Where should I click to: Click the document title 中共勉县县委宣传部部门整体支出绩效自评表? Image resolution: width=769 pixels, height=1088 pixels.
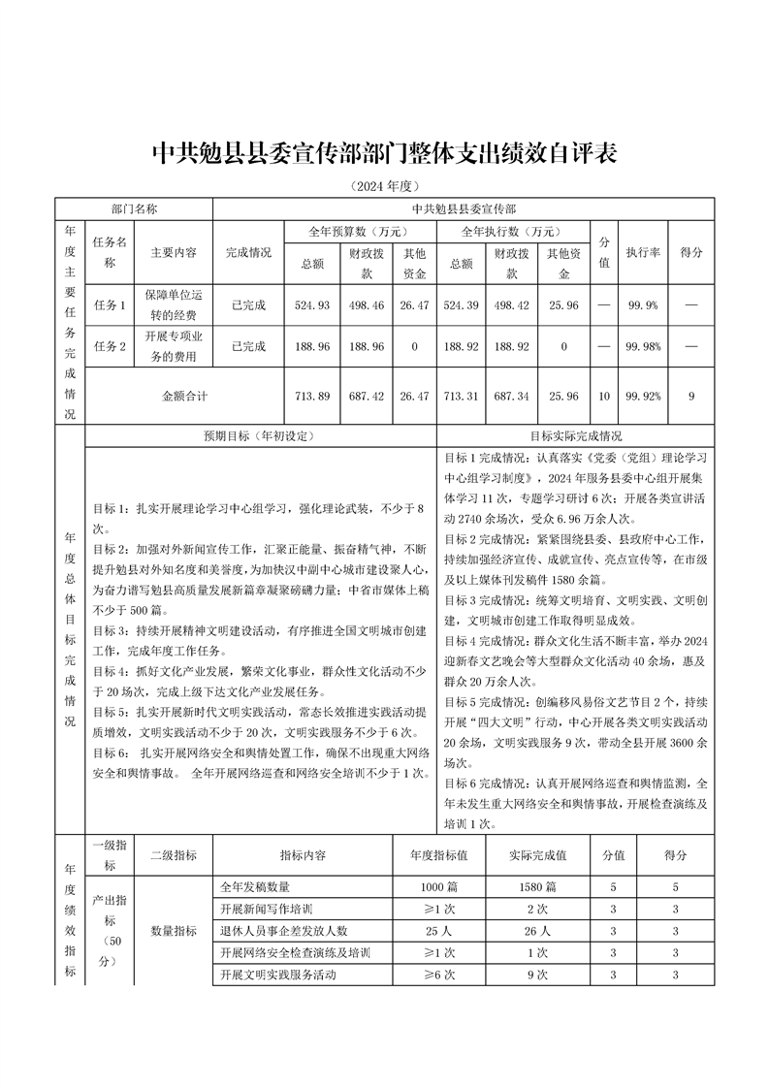click(x=385, y=153)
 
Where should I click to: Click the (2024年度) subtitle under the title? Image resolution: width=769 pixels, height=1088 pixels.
click(x=385, y=186)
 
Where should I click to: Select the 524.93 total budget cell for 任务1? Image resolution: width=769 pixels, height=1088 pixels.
click(x=312, y=304)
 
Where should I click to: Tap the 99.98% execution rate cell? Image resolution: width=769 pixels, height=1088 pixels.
click(x=643, y=346)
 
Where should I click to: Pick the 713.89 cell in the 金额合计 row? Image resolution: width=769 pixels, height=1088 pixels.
click(x=312, y=396)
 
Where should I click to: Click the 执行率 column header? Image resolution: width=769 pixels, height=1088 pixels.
click(x=643, y=251)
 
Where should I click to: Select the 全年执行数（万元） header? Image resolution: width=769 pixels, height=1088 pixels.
click(x=512, y=232)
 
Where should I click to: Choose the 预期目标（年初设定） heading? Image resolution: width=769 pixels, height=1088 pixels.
click(x=259, y=436)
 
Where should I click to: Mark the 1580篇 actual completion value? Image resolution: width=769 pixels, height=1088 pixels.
click(x=537, y=886)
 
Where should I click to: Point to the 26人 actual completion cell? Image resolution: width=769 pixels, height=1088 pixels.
click(x=537, y=931)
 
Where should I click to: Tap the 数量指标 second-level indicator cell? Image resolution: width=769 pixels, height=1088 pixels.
click(x=174, y=931)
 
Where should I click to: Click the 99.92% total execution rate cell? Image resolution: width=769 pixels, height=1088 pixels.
click(x=643, y=396)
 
